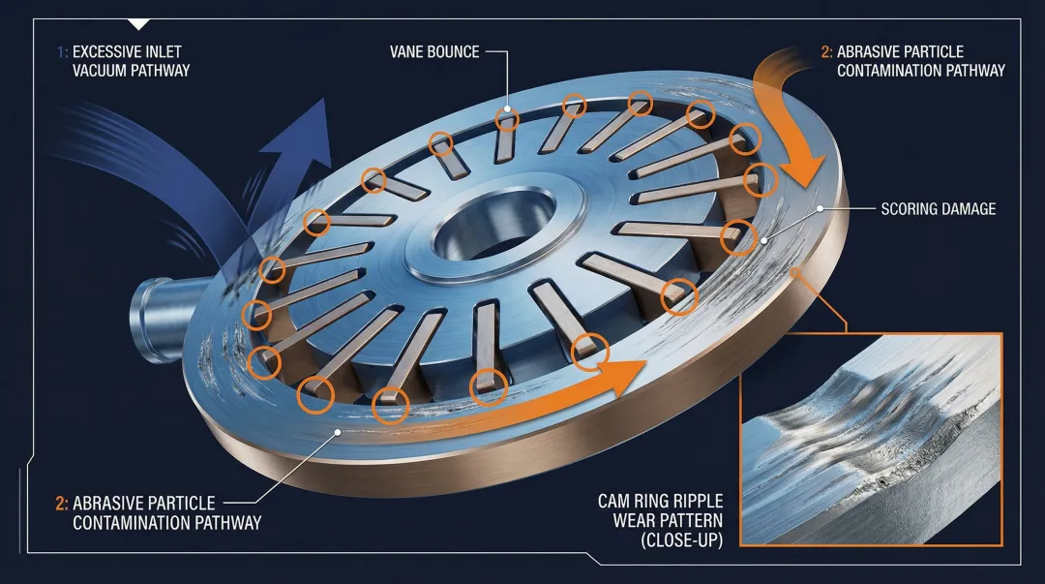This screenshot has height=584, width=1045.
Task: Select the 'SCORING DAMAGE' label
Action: pyautogui.click(x=939, y=208)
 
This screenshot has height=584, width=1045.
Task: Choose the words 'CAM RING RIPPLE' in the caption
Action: pyautogui.click(x=660, y=502)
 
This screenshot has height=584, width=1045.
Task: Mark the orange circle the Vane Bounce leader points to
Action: pyautogui.click(x=508, y=118)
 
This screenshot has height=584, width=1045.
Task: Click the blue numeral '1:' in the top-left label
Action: pyautogui.click(x=61, y=51)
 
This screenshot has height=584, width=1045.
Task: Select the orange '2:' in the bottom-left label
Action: pyautogui.click(x=61, y=504)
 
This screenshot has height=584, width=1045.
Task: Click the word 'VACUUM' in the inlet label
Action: pyautogui.click(x=101, y=70)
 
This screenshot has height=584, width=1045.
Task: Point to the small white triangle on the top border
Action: pyautogui.click(x=139, y=23)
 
